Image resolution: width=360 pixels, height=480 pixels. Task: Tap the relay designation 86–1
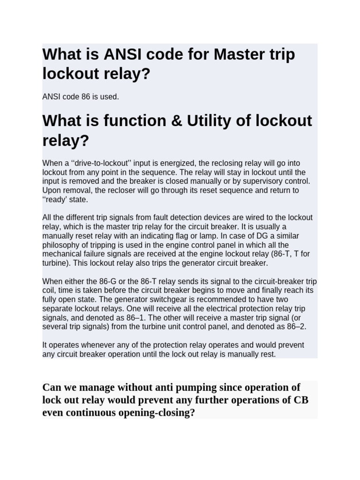(x=142, y=317)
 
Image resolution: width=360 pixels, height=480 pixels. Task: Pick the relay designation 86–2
(x=295, y=326)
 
